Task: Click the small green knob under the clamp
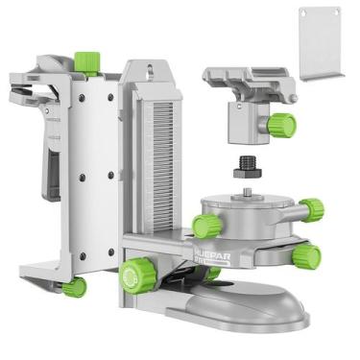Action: pos(73,286)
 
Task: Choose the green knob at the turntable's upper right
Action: pos(310,208)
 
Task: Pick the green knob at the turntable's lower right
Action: pos(306,254)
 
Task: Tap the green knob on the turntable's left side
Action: pos(204,226)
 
